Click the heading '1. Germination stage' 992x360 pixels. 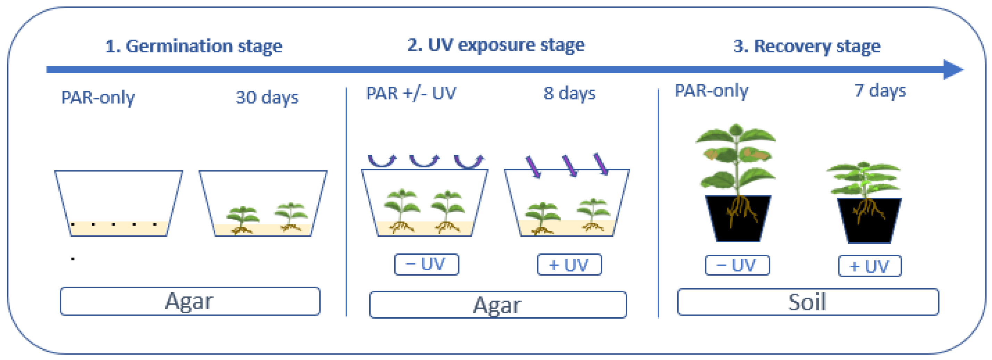(194, 46)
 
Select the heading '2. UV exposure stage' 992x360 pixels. (496, 45)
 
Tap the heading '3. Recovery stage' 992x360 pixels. (807, 46)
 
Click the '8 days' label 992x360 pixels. (569, 93)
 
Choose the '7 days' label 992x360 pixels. (880, 91)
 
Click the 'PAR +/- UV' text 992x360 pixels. (411, 93)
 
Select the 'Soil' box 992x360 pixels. (808, 302)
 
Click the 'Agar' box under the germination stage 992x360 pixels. (190, 301)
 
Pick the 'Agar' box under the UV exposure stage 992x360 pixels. (497, 305)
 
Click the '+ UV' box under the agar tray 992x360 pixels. (569, 265)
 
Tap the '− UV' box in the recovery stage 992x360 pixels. (737, 265)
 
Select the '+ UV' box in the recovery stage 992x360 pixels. (869, 266)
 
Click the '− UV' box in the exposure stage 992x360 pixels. (426, 265)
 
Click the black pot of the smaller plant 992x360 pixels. (869, 221)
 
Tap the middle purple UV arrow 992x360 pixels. (570, 166)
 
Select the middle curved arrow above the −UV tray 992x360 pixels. (424, 160)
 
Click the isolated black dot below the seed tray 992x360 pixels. (72, 259)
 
